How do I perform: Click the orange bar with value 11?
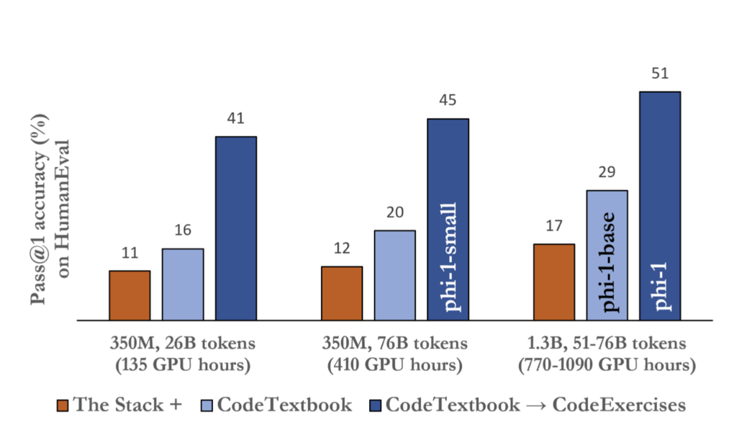(130, 295)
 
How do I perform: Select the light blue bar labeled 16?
(183, 285)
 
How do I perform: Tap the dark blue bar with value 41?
(236, 228)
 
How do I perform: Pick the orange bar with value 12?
(342, 293)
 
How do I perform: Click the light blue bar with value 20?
(394, 275)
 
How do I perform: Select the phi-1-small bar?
(448, 220)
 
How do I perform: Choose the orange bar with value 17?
(553, 282)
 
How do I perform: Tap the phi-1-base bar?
(607, 255)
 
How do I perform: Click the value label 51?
(660, 73)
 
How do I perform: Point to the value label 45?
(448, 101)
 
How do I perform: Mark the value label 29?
(607, 173)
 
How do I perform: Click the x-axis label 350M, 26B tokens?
(183, 343)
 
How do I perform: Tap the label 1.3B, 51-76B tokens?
(607, 343)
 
